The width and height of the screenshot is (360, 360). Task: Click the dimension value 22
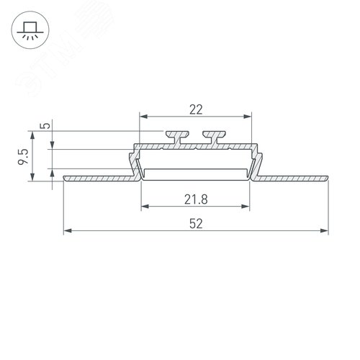coord(195,109)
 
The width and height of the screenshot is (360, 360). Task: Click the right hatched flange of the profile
coord(288,176)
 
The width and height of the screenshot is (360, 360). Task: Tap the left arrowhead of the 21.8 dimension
coord(143,207)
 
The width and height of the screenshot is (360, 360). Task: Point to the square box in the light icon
coord(30,26)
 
